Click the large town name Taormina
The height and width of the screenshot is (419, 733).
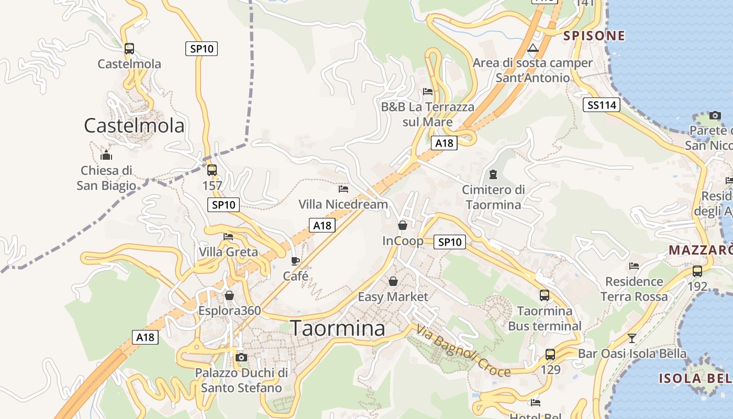tap(338, 328)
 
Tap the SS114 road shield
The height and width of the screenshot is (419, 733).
tap(602, 105)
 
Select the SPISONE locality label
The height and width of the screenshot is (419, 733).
tap(594, 36)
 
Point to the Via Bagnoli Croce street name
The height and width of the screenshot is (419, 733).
tap(463, 351)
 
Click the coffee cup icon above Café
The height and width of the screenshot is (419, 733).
tap(295, 261)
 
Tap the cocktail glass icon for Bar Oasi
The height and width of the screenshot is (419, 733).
tap(632, 338)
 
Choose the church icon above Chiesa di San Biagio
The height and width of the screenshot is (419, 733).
tap(106, 155)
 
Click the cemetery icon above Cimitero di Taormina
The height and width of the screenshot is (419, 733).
tap(493, 174)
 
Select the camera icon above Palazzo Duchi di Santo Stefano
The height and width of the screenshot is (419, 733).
tap(241, 358)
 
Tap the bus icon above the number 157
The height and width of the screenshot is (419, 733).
tap(212, 170)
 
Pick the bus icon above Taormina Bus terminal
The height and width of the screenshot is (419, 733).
tap(545, 295)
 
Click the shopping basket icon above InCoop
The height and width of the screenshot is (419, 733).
tap(403, 225)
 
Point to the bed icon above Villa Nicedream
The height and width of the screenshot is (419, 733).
tap(343, 189)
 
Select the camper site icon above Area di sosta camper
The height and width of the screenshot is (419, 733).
tap(533, 49)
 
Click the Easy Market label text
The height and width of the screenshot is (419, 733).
tap(393, 297)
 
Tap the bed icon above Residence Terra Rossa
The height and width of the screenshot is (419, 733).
tap(634, 266)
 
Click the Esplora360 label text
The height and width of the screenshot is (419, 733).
tap(229, 311)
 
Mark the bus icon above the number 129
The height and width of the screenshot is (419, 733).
tap(550, 354)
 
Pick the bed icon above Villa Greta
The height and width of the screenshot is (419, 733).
tap(228, 237)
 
